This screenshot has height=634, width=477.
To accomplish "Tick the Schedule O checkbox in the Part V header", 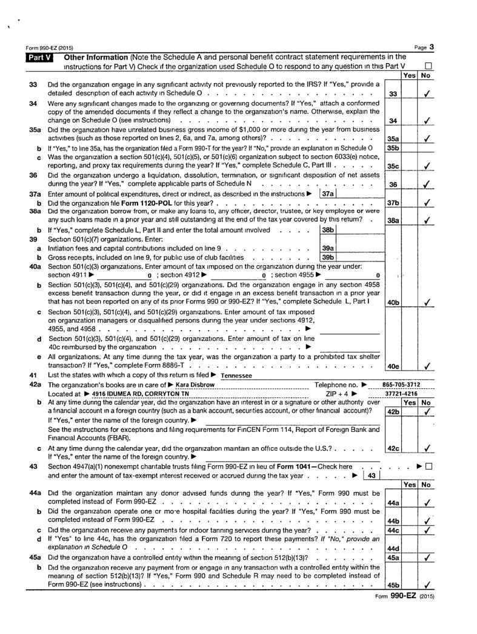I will (428, 66).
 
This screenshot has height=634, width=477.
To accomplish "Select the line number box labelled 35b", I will (392, 147).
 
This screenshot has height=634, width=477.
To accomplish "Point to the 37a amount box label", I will (327, 194).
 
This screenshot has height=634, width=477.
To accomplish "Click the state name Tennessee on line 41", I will (237, 376).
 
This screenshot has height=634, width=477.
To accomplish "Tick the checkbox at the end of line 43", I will (429, 467).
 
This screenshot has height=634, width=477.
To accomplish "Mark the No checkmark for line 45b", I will (428, 585).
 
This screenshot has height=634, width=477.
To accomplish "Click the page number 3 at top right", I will (432, 47).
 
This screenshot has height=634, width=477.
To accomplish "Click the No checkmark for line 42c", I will (428, 449).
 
